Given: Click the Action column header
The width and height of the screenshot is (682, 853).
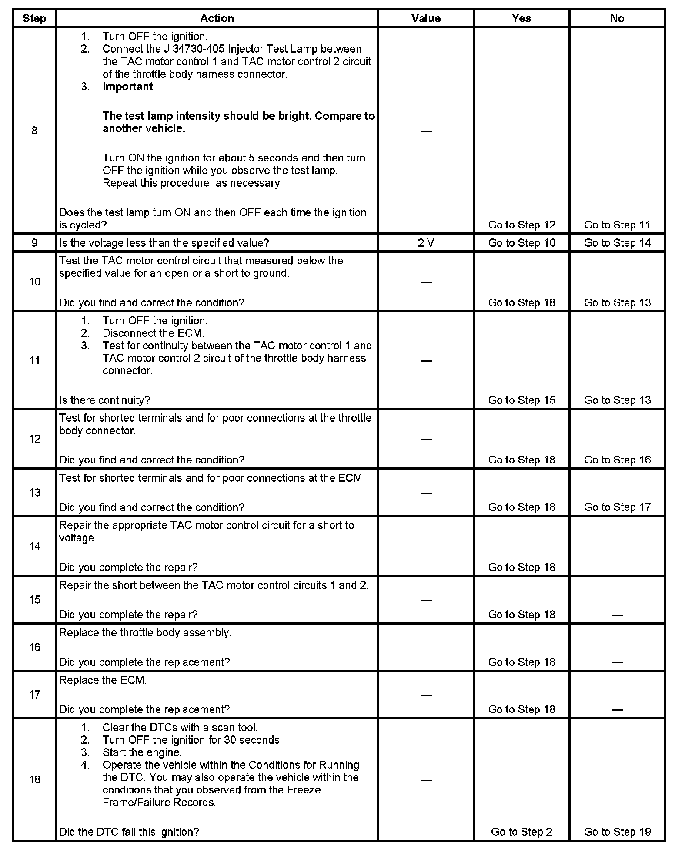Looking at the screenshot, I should pyautogui.click(x=217, y=18).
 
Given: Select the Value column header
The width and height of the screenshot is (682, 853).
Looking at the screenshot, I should pyautogui.click(x=426, y=18).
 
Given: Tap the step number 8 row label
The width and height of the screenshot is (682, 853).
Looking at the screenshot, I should pyautogui.click(x=34, y=131).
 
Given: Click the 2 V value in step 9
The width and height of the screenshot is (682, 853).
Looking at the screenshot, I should pyautogui.click(x=426, y=243).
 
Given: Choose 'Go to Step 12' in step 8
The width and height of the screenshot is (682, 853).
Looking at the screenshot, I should pyautogui.click(x=522, y=225).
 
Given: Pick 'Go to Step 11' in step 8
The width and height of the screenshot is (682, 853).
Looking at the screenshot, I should pyautogui.click(x=617, y=225).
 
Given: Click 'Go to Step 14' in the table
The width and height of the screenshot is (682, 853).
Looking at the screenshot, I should pyautogui.click(x=617, y=243).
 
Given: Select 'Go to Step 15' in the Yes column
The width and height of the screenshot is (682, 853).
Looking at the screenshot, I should pyautogui.click(x=522, y=400).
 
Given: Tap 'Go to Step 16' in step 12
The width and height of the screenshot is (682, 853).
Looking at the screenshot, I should pyautogui.click(x=617, y=460).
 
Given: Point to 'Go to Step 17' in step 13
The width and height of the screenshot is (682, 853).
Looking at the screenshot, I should pyautogui.click(x=617, y=507).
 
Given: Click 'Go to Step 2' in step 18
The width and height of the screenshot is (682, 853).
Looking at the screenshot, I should pyautogui.click(x=522, y=832).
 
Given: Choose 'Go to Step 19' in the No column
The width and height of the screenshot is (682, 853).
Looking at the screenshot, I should pyautogui.click(x=617, y=832).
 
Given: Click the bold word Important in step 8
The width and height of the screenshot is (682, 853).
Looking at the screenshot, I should pyautogui.click(x=127, y=87).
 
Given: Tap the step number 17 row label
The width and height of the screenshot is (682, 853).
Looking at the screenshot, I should pyautogui.click(x=34, y=695).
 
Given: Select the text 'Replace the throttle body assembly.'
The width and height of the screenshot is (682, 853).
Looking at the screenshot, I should pyautogui.click(x=145, y=633).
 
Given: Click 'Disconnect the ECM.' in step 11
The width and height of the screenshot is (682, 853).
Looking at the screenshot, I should pyautogui.click(x=153, y=333).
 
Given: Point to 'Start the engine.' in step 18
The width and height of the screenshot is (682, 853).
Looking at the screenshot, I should pyautogui.click(x=142, y=752).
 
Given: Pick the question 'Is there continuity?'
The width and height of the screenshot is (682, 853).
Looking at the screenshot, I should pyautogui.click(x=104, y=400).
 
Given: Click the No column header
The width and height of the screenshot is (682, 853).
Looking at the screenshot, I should pyautogui.click(x=617, y=18).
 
